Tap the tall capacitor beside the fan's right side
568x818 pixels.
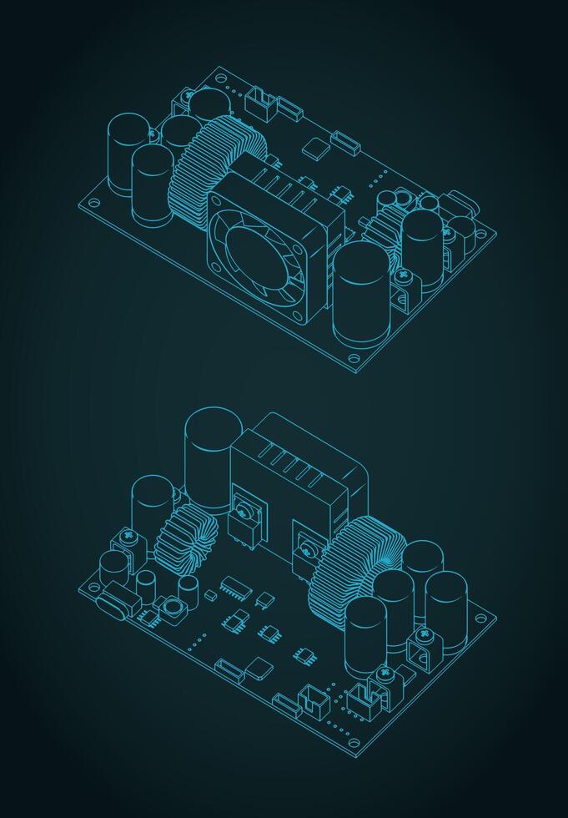tap(361, 292)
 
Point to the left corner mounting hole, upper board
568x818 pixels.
tap(94, 202)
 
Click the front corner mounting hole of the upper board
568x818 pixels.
tap(354, 359)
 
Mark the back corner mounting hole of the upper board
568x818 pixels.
tap(220, 78)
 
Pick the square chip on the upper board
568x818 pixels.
tap(316, 149)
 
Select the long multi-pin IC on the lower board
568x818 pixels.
tap(235, 588)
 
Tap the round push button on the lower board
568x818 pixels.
tap(173, 608)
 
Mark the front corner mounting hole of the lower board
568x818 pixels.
tap(354, 743)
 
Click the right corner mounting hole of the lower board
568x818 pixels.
tap(480, 619)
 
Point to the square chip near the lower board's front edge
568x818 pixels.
tap(259, 668)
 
